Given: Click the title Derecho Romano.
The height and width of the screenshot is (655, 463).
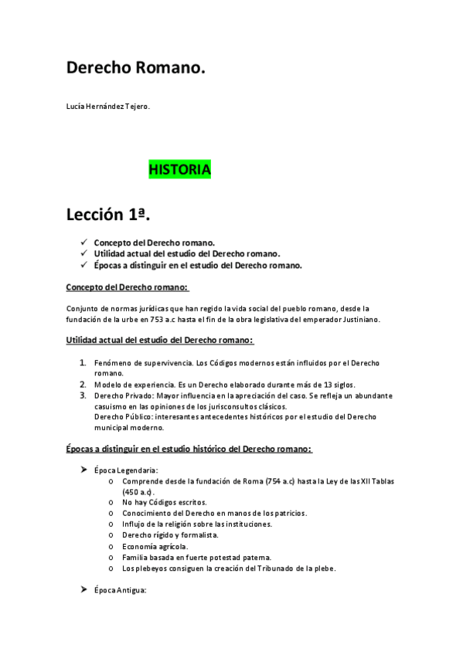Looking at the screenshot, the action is pos(136,68).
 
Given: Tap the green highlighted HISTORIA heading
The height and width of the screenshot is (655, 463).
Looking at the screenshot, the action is pos(179,169).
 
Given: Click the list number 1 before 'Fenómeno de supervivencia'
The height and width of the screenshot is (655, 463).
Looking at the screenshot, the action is pos(83,362).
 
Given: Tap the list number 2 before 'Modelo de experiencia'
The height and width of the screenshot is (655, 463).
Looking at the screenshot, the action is pos(83,384).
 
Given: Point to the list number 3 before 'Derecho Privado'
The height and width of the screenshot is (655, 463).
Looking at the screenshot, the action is pos(83,395).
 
